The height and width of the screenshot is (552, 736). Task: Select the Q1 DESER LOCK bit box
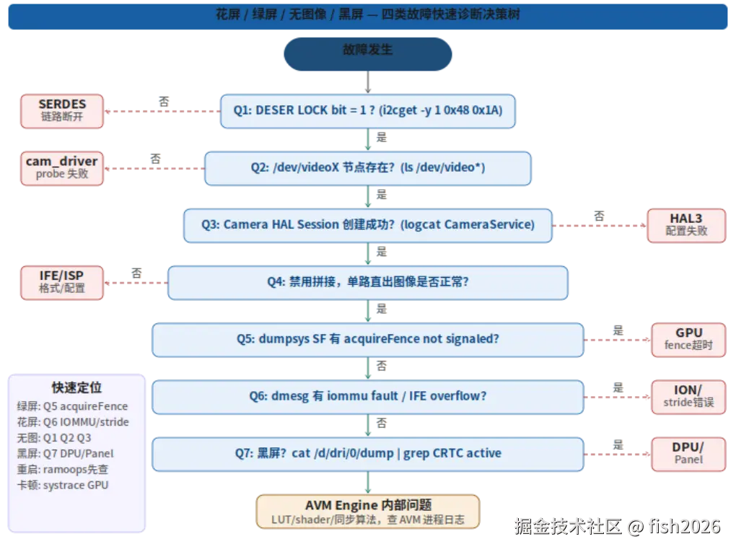(x=367, y=111)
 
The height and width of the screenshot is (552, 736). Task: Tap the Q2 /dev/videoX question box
(x=367, y=167)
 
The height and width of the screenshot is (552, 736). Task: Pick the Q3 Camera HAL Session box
(x=368, y=224)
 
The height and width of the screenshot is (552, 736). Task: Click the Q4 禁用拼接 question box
(x=368, y=282)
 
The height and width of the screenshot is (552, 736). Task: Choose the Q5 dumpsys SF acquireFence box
(x=367, y=339)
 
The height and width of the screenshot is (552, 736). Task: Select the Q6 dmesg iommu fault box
(x=367, y=396)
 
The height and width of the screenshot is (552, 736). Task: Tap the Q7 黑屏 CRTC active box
(x=367, y=453)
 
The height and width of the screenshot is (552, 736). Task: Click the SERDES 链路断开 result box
(x=62, y=110)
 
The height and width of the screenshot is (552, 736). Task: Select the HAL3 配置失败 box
(x=686, y=224)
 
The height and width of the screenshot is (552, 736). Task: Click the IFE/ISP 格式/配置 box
(x=62, y=281)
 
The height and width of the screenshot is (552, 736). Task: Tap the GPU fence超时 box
(x=688, y=339)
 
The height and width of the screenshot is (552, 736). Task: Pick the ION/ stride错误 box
(x=688, y=396)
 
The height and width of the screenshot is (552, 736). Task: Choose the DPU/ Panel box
(x=688, y=453)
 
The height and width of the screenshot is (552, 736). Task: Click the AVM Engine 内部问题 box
(x=367, y=512)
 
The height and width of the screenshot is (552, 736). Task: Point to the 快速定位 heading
(x=76, y=388)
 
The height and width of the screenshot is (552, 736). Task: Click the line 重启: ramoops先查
(x=63, y=469)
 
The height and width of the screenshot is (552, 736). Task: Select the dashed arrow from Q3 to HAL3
(x=600, y=225)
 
